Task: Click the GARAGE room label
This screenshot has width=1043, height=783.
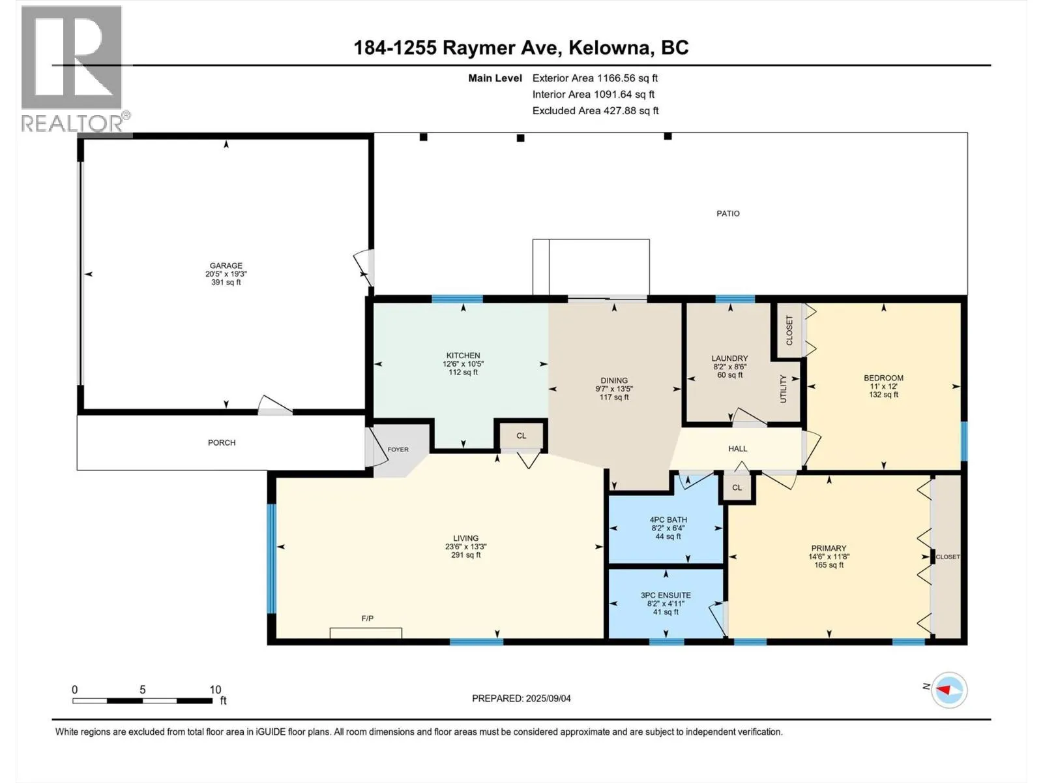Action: [x=226, y=266]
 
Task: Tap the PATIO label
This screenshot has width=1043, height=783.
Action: [x=728, y=214]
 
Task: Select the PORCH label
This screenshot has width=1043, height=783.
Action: [x=222, y=442]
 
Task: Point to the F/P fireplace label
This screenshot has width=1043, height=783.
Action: [x=367, y=619]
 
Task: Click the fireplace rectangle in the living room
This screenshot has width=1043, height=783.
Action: [x=366, y=633]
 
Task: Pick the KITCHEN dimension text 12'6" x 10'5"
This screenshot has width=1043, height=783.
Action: [x=463, y=363]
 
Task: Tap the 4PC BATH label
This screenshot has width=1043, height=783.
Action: [x=668, y=519]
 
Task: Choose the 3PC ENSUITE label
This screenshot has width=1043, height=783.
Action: [x=666, y=595]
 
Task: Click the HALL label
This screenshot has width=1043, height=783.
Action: [x=737, y=448]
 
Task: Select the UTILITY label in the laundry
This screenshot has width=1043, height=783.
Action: [x=783, y=389]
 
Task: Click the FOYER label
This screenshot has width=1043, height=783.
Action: [x=398, y=450]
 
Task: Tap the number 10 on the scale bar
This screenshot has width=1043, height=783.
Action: [x=215, y=689]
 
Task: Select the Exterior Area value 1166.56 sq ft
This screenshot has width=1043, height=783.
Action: [x=628, y=78]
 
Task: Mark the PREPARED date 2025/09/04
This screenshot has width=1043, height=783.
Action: [x=548, y=698]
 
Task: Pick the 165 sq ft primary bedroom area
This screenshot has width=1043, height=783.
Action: [x=829, y=565]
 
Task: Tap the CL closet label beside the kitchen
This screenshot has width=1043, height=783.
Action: [x=521, y=435]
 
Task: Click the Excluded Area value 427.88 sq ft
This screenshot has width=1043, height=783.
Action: [x=630, y=111]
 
